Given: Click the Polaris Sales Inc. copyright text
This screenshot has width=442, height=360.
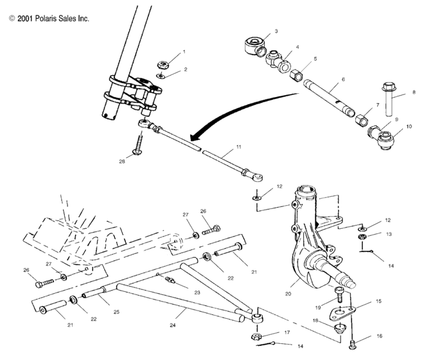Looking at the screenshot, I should tap(49, 19).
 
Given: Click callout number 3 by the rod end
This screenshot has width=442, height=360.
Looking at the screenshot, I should tap(276, 31).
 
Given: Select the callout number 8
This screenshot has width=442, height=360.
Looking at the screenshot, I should tap(414, 93).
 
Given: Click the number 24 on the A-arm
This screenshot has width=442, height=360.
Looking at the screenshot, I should tap(172, 325).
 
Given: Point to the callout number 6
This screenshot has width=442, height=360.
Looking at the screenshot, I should tap(342, 79).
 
